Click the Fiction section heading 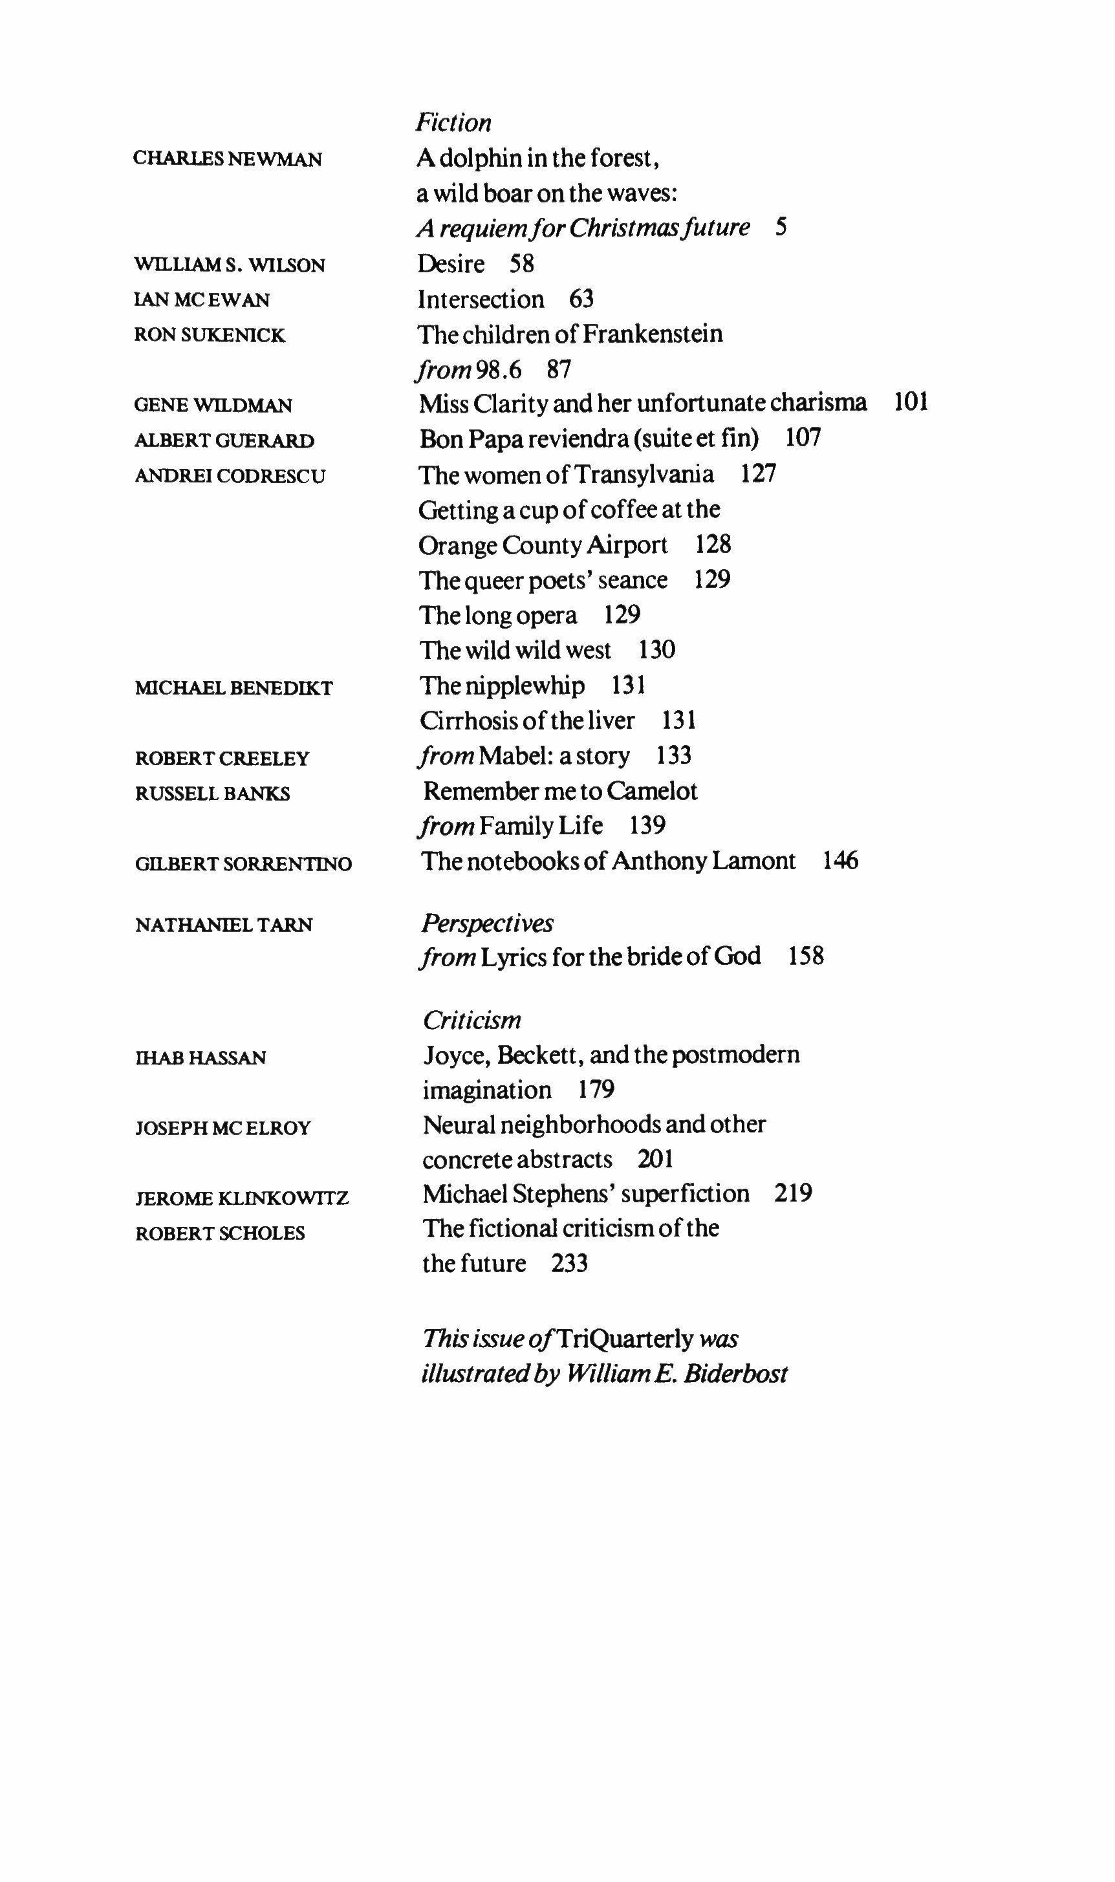pyautogui.click(x=454, y=122)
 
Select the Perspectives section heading pyautogui.click(x=488, y=923)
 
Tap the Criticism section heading pyautogui.click(x=472, y=1021)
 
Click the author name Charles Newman pyautogui.click(x=228, y=159)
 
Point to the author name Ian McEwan pyautogui.click(x=201, y=300)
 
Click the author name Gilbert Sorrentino pyautogui.click(x=243, y=864)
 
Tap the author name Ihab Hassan pyautogui.click(x=200, y=1058)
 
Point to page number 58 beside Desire pyautogui.click(x=521, y=264)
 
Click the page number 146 pyautogui.click(x=840, y=860)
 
